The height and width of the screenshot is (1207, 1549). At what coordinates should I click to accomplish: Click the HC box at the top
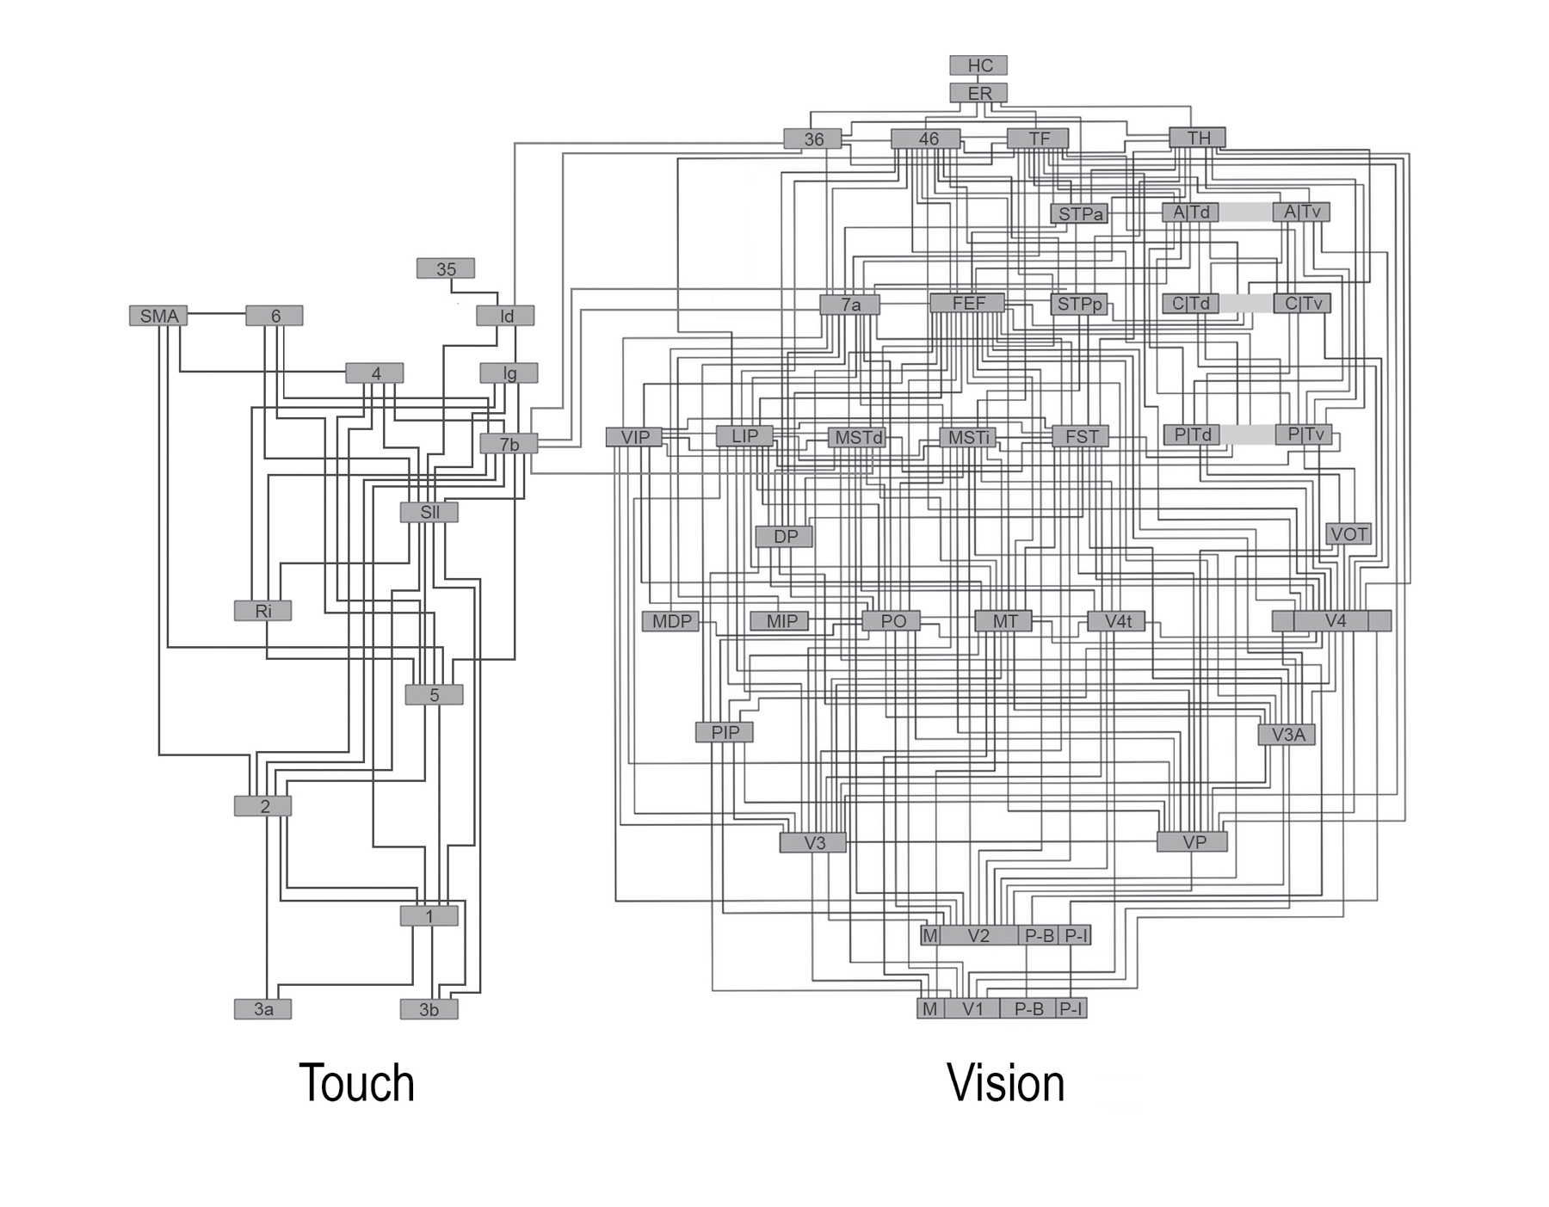point(978,65)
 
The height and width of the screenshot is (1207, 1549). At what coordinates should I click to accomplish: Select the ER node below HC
point(978,93)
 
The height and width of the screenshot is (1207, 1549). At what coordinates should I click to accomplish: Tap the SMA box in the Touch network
point(158,316)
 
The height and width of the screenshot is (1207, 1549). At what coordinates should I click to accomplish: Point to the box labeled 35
point(445,268)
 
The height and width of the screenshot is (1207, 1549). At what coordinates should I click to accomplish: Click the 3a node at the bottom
point(262,1009)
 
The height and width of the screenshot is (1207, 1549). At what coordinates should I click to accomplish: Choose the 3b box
point(429,1009)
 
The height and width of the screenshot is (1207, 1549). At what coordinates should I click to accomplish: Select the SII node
point(429,513)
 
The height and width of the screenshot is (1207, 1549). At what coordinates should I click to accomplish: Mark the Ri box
point(262,611)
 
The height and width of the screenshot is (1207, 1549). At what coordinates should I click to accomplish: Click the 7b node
point(509,444)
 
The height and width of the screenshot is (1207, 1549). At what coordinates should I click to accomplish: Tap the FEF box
point(967,303)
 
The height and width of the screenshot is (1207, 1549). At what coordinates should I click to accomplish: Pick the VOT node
point(1348,534)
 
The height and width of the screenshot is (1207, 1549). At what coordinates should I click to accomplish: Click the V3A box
point(1287,735)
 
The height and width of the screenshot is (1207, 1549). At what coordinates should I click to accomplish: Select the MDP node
point(670,621)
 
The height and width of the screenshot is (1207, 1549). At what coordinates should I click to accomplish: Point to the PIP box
point(725,732)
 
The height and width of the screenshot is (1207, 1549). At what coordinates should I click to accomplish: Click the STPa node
point(1079,213)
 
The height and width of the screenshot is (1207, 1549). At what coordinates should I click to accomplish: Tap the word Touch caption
point(356,1083)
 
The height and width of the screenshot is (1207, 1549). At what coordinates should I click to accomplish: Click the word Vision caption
point(1005,1083)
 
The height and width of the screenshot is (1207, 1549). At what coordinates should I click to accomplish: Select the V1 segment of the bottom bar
point(972,1008)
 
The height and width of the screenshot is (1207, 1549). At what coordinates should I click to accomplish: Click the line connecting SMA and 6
point(217,314)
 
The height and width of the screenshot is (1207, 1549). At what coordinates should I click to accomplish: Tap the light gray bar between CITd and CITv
point(1245,303)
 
